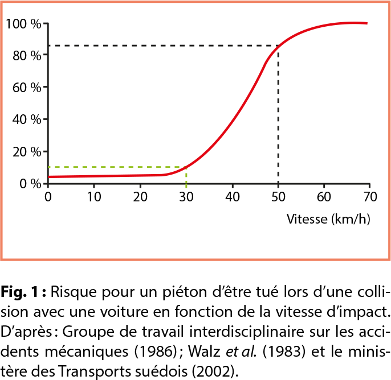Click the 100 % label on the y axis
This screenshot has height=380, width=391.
point(23,24)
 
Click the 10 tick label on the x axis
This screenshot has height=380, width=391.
point(94,197)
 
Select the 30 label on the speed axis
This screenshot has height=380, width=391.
point(186,197)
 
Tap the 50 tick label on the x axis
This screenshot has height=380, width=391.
point(278,197)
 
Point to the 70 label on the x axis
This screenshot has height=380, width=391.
point(370,197)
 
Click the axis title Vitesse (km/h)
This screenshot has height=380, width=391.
point(328,219)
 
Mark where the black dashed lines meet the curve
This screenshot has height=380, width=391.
point(278,46)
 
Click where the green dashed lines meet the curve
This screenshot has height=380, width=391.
point(186,167)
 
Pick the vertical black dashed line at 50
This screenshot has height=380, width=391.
point(278,114)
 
